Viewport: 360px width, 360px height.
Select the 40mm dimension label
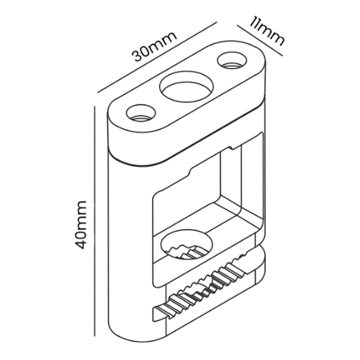[81, 225]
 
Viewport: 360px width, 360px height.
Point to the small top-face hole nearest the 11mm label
[232, 60]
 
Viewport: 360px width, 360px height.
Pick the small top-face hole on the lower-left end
[141, 112]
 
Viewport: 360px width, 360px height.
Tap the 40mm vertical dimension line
[95, 221]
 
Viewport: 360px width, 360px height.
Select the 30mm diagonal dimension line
[157, 57]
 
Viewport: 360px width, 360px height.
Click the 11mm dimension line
[260, 40]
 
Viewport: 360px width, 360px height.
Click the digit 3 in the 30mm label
[138, 56]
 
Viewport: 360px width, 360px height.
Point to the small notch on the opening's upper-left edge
[191, 171]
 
